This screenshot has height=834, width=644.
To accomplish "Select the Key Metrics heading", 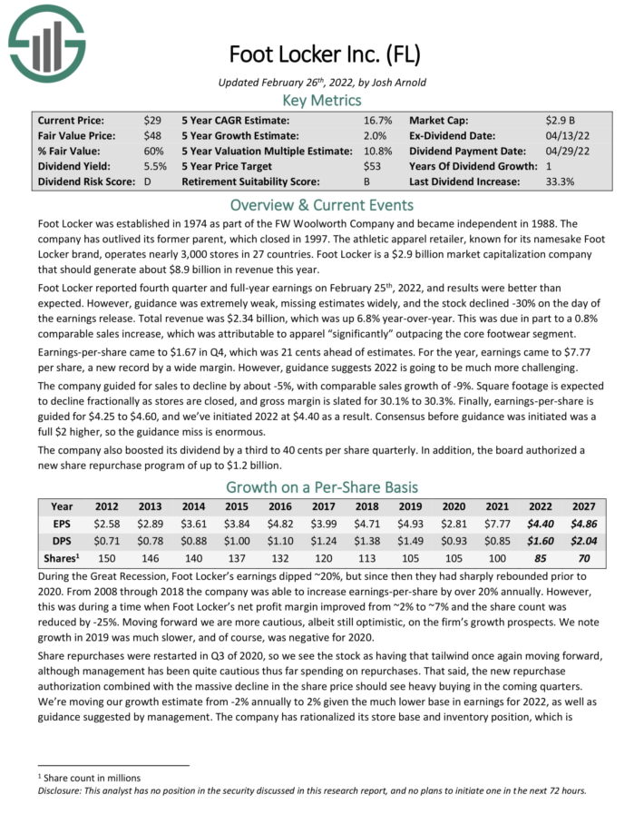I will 322,100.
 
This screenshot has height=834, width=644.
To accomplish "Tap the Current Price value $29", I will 152,120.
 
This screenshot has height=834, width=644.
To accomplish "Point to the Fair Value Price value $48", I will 152,135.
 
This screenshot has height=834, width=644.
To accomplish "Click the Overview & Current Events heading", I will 322,203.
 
